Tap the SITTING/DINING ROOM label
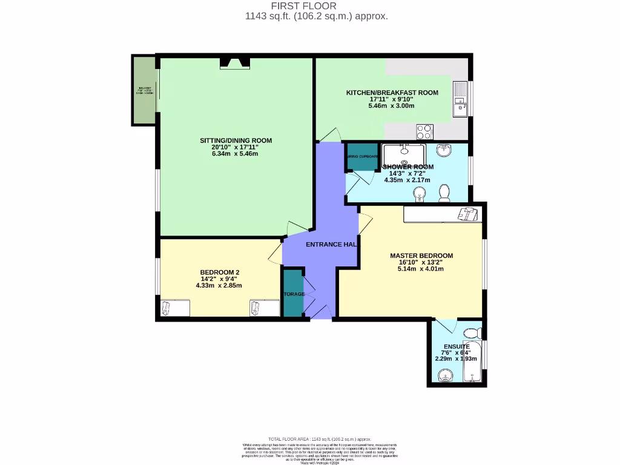236,140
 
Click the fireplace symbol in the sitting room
234,62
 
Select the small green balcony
144,90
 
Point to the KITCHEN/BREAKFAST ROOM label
392,93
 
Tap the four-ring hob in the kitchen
424,131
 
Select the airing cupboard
362,156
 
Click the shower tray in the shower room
404,154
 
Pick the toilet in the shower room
444,193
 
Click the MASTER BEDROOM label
421,256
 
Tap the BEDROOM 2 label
219,272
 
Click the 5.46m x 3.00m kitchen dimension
391,105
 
